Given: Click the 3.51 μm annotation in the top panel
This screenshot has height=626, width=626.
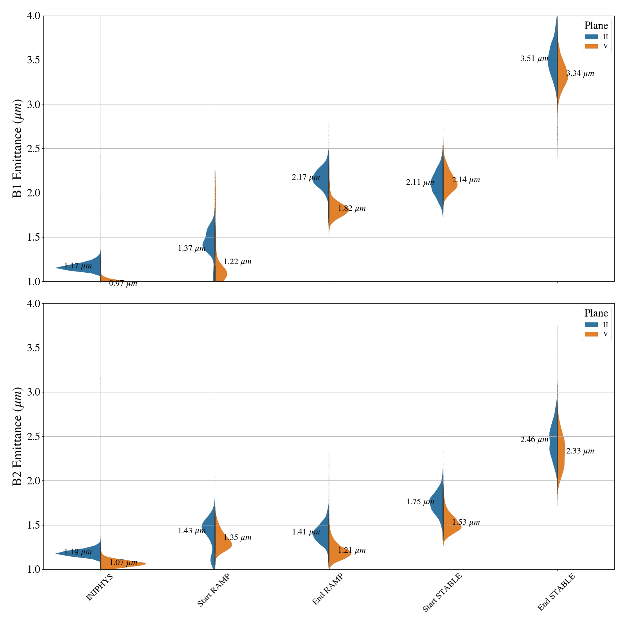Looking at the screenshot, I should pos(534,59).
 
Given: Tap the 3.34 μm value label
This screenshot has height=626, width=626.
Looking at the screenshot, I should pos(580,74).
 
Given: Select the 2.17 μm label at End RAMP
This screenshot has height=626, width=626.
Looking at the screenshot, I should pos(306,177).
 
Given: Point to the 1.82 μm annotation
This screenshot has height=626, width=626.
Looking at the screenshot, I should pos(352,209).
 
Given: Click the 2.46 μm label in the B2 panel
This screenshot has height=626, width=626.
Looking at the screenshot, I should pos(534,440).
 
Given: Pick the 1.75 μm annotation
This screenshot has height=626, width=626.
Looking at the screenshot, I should pos(420,502).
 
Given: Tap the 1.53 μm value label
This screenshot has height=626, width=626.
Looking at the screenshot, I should pos(466,522).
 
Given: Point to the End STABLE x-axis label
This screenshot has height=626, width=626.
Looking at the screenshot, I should pos(556,592).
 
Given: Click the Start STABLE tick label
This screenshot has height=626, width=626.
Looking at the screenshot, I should pos(442,592).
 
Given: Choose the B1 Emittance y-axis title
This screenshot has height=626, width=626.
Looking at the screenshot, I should pos(18,149).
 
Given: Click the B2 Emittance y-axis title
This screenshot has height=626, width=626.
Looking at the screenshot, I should pos(18,436).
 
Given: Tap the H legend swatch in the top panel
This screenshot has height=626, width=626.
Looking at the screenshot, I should pos(591,37).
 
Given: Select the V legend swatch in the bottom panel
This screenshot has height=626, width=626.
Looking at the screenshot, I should pos(591,334).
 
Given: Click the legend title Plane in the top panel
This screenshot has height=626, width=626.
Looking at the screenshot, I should pos(596,26).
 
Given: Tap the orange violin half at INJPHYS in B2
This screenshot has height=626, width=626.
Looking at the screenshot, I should pos(121,562).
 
